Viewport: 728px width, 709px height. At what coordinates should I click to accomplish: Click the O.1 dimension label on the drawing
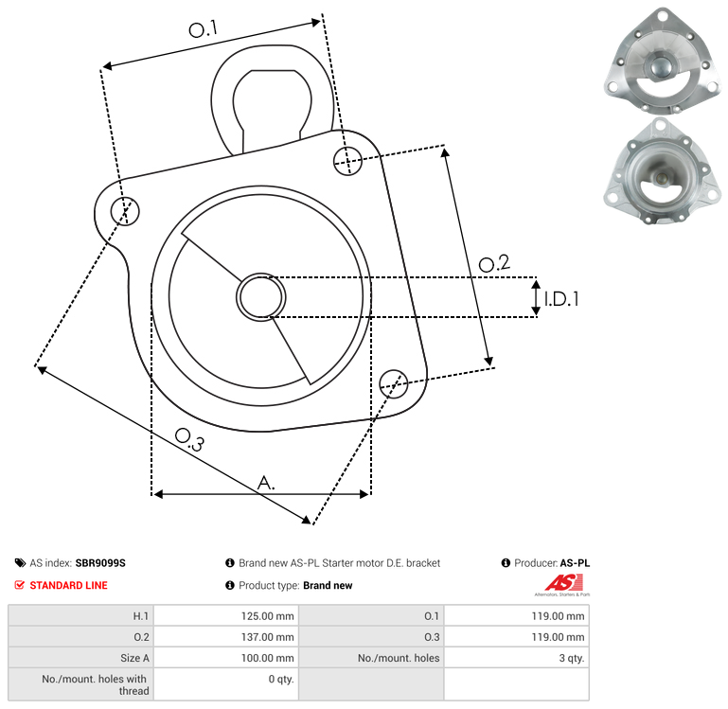pos(203,28)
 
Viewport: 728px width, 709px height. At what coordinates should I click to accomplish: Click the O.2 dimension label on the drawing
pos(494,263)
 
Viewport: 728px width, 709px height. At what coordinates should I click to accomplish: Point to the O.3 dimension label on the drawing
pos(189,439)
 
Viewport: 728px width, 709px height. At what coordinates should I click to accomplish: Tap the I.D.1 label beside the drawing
pos(561,299)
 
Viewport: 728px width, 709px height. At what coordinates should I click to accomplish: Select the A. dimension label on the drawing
pos(266,483)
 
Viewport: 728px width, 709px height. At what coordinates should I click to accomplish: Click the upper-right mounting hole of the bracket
pos(347,161)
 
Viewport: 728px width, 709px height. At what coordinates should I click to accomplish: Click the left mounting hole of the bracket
pos(125,211)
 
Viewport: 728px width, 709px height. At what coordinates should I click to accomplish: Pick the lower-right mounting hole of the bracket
pos(394,384)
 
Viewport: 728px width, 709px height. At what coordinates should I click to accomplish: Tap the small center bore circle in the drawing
pos(261,297)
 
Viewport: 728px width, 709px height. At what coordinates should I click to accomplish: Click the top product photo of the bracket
pos(663,61)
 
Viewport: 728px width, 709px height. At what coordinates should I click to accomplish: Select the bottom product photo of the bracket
pos(662,171)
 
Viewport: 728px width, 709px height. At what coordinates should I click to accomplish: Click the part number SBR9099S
pos(100,563)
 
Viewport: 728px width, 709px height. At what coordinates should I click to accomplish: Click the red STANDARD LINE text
pos(69,586)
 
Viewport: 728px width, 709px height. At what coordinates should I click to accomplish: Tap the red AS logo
pos(563,584)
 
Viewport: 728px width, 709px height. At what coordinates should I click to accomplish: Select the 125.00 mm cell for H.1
pos(226,616)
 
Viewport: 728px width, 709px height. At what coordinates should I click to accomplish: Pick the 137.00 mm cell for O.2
pos(226,637)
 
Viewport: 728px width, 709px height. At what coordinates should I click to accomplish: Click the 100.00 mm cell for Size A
pos(226,658)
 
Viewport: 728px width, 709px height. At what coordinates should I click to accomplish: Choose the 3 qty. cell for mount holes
pos(516,658)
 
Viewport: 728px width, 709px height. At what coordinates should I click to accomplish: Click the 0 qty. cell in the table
pos(226,684)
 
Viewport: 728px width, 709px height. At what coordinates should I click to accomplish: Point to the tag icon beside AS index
pos(20,563)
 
